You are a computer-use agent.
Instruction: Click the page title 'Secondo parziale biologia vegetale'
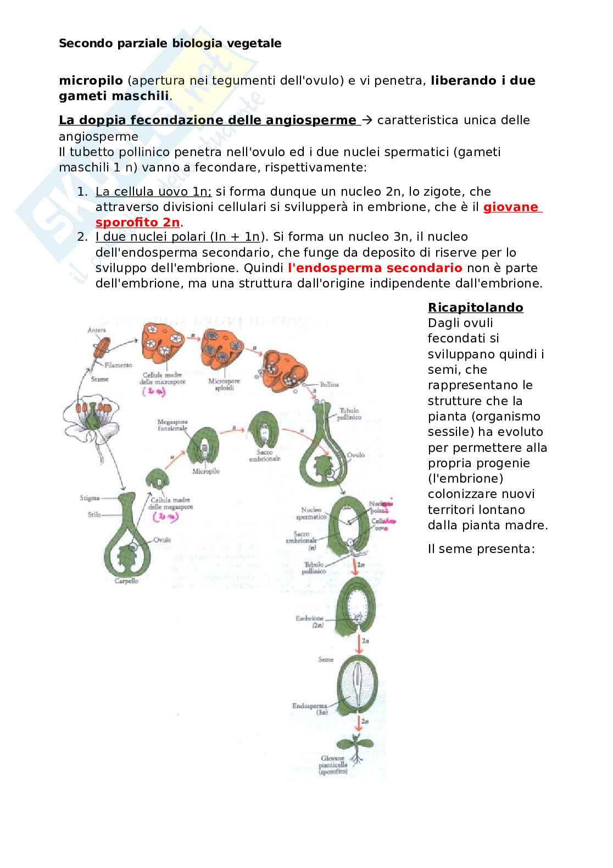point(170,43)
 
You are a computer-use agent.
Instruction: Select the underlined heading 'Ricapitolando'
point(475,307)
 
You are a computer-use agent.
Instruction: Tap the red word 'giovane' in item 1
point(512,207)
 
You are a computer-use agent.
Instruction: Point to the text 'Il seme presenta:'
point(481,549)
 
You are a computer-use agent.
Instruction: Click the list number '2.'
point(82,237)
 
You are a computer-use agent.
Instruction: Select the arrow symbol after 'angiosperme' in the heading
point(367,120)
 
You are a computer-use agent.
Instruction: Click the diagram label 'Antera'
point(96,330)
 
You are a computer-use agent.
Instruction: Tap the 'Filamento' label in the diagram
point(119,364)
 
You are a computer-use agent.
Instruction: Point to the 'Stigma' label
point(89,498)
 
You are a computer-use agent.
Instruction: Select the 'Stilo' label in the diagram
point(94,515)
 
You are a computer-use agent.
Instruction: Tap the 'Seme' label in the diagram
point(326,659)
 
